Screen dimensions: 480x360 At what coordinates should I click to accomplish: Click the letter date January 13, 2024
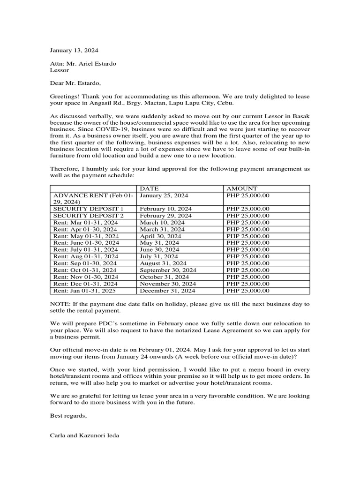click(x=74, y=50)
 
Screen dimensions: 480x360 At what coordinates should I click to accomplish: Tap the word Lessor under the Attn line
click(x=59, y=70)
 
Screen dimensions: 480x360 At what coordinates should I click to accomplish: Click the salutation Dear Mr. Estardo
click(x=75, y=83)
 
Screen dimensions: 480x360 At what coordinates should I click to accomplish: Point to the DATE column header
click(x=150, y=188)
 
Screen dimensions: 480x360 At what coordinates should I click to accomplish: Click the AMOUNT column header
click(x=241, y=188)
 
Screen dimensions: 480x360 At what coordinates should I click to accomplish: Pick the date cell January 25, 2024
click(x=164, y=195)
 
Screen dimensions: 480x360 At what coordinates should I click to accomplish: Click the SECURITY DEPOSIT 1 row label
click(x=89, y=209)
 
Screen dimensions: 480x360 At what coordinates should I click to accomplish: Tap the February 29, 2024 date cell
click(x=165, y=216)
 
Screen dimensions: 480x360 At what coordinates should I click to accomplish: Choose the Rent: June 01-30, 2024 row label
click(x=86, y=243)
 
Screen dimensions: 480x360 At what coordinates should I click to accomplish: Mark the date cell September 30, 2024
click(x=168, y=270)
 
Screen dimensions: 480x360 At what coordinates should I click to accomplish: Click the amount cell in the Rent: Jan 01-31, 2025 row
click(x=247, y=291)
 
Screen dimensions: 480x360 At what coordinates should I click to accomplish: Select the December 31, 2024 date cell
click(x=167, y=291)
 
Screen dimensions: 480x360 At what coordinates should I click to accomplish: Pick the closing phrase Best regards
click(x=68, y=415)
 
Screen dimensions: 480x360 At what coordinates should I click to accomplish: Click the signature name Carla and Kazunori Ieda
click(x=84, y=435)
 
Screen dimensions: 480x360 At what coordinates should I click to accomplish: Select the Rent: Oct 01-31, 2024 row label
click(x=85, y=270)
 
